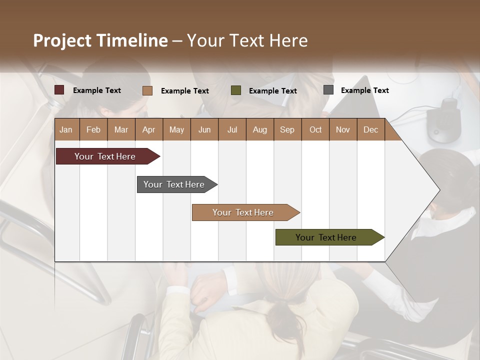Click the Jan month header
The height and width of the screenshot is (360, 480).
coord(66,129)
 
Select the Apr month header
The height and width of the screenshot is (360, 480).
coord(148,129)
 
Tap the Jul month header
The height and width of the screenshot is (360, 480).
coord(232,129)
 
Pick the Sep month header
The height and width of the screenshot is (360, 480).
coord(287,129)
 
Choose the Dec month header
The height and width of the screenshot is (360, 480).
coord(370,129)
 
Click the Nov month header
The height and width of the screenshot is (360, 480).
coord(342,129)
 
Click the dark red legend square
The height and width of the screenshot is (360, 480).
coord(59,90)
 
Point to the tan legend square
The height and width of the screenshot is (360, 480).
coord(147,90)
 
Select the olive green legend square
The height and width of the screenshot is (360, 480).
coord(236,90)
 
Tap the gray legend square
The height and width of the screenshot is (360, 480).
coord(328,90)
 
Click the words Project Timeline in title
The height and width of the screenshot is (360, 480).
coord(100,40)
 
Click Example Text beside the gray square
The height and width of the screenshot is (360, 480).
coord(364,90)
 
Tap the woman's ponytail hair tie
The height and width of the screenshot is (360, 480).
coord(283,302)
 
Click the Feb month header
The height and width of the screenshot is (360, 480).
coord(93,129)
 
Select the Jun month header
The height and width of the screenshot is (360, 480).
coord(204,129)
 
